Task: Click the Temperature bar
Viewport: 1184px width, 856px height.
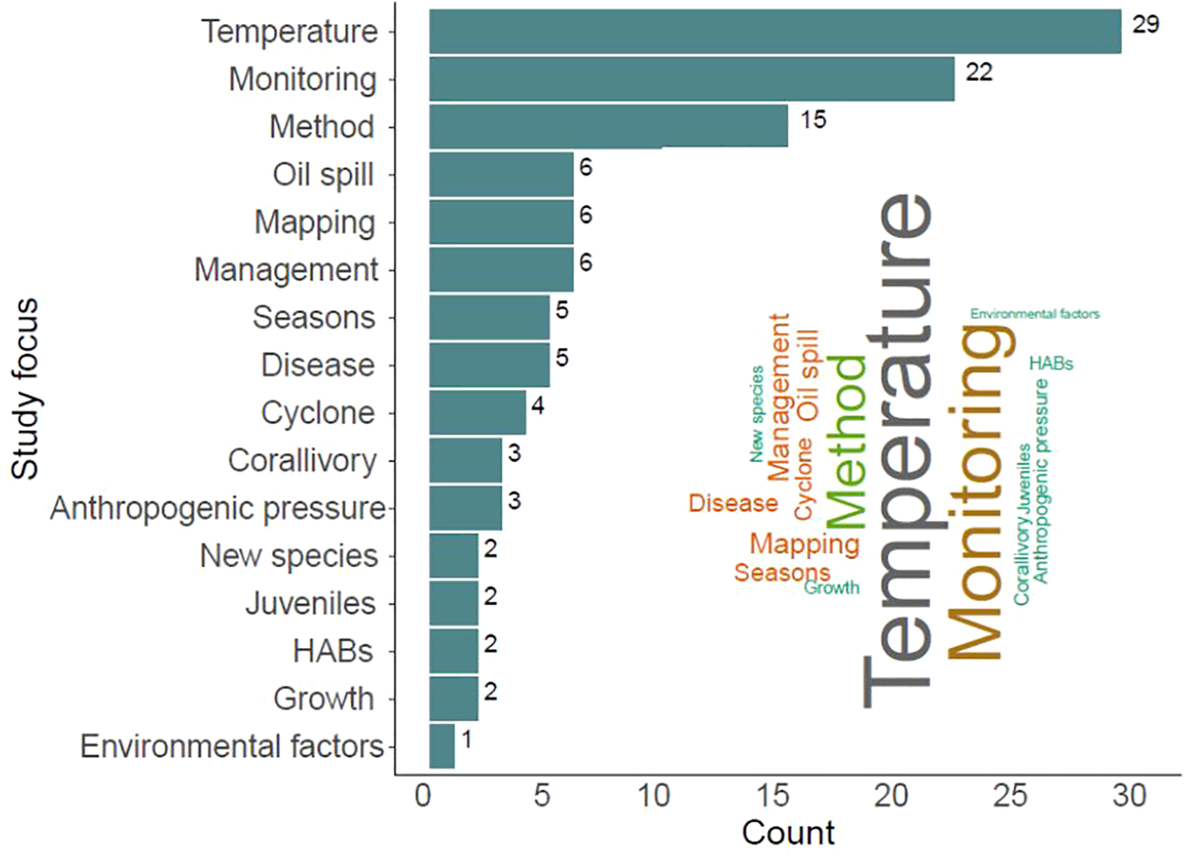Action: (775, 32)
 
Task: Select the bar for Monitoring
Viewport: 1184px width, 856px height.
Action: (691, 79)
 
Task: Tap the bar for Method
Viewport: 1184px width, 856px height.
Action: (607, 127)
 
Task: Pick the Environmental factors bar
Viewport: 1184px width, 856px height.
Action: (441, 746)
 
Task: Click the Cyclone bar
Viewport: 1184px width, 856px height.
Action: (477, 413)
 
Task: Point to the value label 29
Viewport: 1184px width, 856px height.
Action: (1146, 24)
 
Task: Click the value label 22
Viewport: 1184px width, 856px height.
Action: (978, 73)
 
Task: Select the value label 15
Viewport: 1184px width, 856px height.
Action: (812, 120)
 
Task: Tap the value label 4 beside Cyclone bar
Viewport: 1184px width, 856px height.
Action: (537, 406)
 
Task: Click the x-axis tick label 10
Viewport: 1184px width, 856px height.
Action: (653, 796)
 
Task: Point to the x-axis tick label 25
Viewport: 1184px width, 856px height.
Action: (1009, 796)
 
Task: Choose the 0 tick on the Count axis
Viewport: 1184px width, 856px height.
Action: (423, 796)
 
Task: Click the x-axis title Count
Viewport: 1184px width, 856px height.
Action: (788, 833)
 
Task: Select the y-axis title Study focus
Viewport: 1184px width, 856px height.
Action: (25, 388)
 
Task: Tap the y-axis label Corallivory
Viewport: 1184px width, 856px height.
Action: (302, 460)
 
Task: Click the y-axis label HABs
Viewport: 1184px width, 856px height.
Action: (333, 651)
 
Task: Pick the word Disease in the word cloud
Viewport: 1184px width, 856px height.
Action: (732, 504)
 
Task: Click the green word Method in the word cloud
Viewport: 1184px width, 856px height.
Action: (846, 443)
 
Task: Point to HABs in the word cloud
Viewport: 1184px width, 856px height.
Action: (1050, 363)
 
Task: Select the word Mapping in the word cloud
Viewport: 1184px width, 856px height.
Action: (804, 544)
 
